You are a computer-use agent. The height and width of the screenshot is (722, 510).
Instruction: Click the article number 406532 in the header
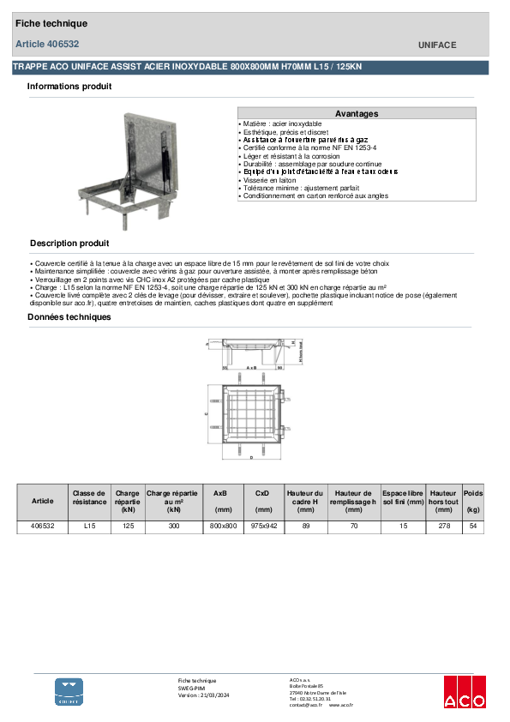[61, 44]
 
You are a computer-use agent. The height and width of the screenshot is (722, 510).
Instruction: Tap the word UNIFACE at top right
[437, 45]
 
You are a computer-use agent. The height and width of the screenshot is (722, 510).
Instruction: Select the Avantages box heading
[356, 113]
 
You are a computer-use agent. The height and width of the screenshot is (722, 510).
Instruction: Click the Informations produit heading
[69, 87]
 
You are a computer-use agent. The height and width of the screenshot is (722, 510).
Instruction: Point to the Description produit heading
[69, 244]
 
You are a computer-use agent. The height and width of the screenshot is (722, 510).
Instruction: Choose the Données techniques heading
[69, 317]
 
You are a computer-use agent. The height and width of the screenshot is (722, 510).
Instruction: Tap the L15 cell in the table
[89, 526]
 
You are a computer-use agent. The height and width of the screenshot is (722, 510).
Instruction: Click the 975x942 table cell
[263, 526]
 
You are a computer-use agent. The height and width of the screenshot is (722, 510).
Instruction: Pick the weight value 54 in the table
[472, 526]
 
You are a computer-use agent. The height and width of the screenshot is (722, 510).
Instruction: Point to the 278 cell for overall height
[443, 526]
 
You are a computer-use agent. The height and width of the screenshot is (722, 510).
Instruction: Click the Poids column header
[473, 494]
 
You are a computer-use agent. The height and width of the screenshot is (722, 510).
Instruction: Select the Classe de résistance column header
[89, 498]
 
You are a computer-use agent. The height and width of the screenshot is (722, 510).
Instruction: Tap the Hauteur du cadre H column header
[305, 498]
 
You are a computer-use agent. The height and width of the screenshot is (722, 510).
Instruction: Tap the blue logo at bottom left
[69, 692]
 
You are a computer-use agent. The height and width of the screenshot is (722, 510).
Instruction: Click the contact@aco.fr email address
[304, 705]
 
